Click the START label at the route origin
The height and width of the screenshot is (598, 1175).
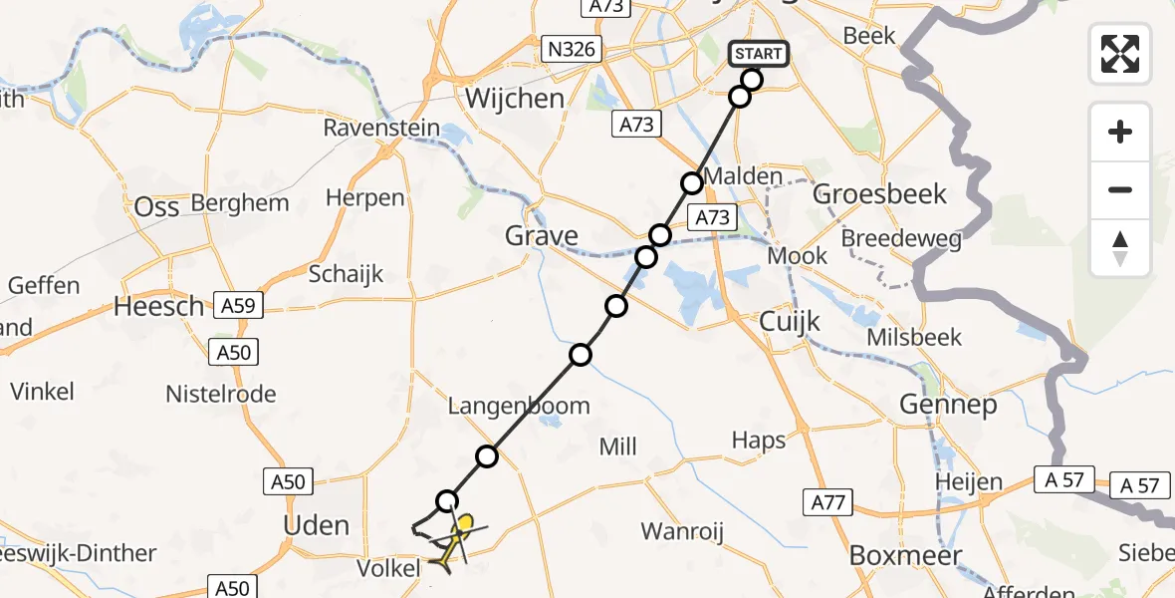coord(760,54)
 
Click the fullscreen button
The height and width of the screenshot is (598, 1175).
coord(1120,53)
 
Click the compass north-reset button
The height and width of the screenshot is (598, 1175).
coord(1120,248)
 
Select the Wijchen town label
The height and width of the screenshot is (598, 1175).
coord(515,99)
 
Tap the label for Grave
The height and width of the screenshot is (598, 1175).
coord(541,236)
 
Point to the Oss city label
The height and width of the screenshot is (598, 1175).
coord(156,206)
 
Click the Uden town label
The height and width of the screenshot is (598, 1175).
coord(317,526)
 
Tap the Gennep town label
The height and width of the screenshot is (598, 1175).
coord(947,405)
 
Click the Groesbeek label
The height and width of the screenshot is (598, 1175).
coord(879,193)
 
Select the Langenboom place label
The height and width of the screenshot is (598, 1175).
coord(519,406)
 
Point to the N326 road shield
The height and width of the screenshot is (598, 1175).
coord(571,48)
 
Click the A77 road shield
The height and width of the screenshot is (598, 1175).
coord(828,503)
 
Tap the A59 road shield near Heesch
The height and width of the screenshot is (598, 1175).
coord(238,307)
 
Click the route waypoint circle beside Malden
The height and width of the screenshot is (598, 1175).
coord(691,183)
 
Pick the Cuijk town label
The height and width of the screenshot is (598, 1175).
coord(790,322)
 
